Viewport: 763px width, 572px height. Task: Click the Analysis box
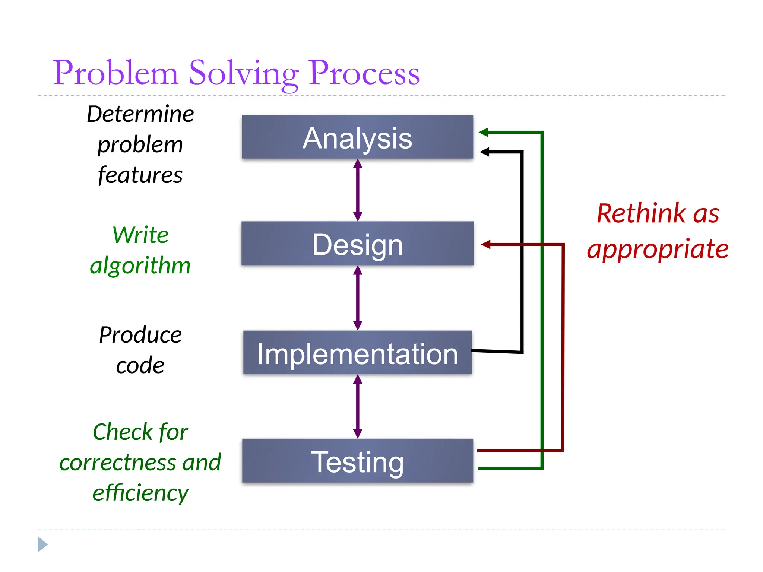tap(357, 137)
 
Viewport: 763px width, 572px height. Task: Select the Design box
tap(357, 244)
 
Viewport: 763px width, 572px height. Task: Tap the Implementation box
tap(357, 353)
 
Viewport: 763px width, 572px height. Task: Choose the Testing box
tap(357, 461)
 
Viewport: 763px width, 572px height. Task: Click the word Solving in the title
tap(244, 73)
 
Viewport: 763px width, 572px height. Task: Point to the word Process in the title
tap(364, 73)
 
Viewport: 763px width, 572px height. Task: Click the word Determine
tap(140, 114)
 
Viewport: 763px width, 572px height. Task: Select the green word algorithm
tap(140, 266)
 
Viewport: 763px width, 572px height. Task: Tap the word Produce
tap(140, 335)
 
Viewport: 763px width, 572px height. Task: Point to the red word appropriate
tap(658, 249)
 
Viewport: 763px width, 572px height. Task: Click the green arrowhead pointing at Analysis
tap(484, 132)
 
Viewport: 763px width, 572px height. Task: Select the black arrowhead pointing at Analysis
tap(484, 152)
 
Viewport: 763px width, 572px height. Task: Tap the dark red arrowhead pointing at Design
tap(486, 245)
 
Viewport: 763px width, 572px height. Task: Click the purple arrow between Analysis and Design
tap(358, 190)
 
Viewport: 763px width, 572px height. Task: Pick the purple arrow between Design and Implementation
tap(358, 298)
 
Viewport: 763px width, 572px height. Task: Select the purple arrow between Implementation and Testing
tap(358, 406)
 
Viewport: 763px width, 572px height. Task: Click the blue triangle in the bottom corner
tap(42, 544)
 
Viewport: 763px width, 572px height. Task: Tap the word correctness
tap(117, 463)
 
